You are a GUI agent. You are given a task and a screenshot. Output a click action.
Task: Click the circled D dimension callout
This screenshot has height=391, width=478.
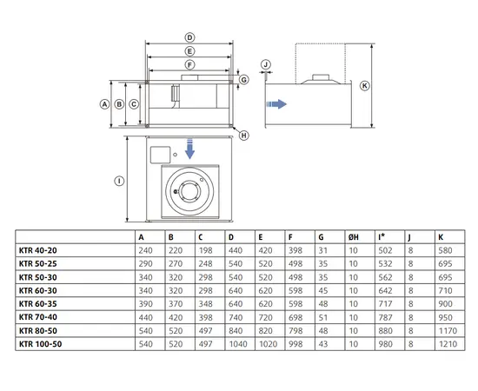tap(190, 37)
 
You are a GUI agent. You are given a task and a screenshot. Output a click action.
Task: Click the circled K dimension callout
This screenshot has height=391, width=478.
tap(366, 85)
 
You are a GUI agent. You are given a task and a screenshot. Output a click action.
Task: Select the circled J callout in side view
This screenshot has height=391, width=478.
tap(267, 64)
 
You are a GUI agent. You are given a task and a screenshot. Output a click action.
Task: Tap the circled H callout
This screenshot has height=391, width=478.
tap(244, 135)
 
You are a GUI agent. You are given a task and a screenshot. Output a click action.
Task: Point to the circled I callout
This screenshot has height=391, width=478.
tap(118, 181)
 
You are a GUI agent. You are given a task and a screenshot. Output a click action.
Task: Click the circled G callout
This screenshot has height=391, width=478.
tap(244, 79)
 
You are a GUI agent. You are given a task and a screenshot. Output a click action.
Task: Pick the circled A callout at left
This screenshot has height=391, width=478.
tap(105, 103)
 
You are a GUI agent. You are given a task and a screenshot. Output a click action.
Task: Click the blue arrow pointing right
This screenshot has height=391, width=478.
tap(276, 103)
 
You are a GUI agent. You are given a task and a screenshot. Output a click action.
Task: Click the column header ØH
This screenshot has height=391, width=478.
tap(355, 236)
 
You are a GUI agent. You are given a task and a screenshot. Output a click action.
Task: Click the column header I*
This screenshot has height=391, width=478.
tap(382, 236)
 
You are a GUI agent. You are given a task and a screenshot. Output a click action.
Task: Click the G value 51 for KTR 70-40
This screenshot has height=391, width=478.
tap(322, 318)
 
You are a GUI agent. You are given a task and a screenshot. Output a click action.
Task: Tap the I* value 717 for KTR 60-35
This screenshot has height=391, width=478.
tap(384, 305)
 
